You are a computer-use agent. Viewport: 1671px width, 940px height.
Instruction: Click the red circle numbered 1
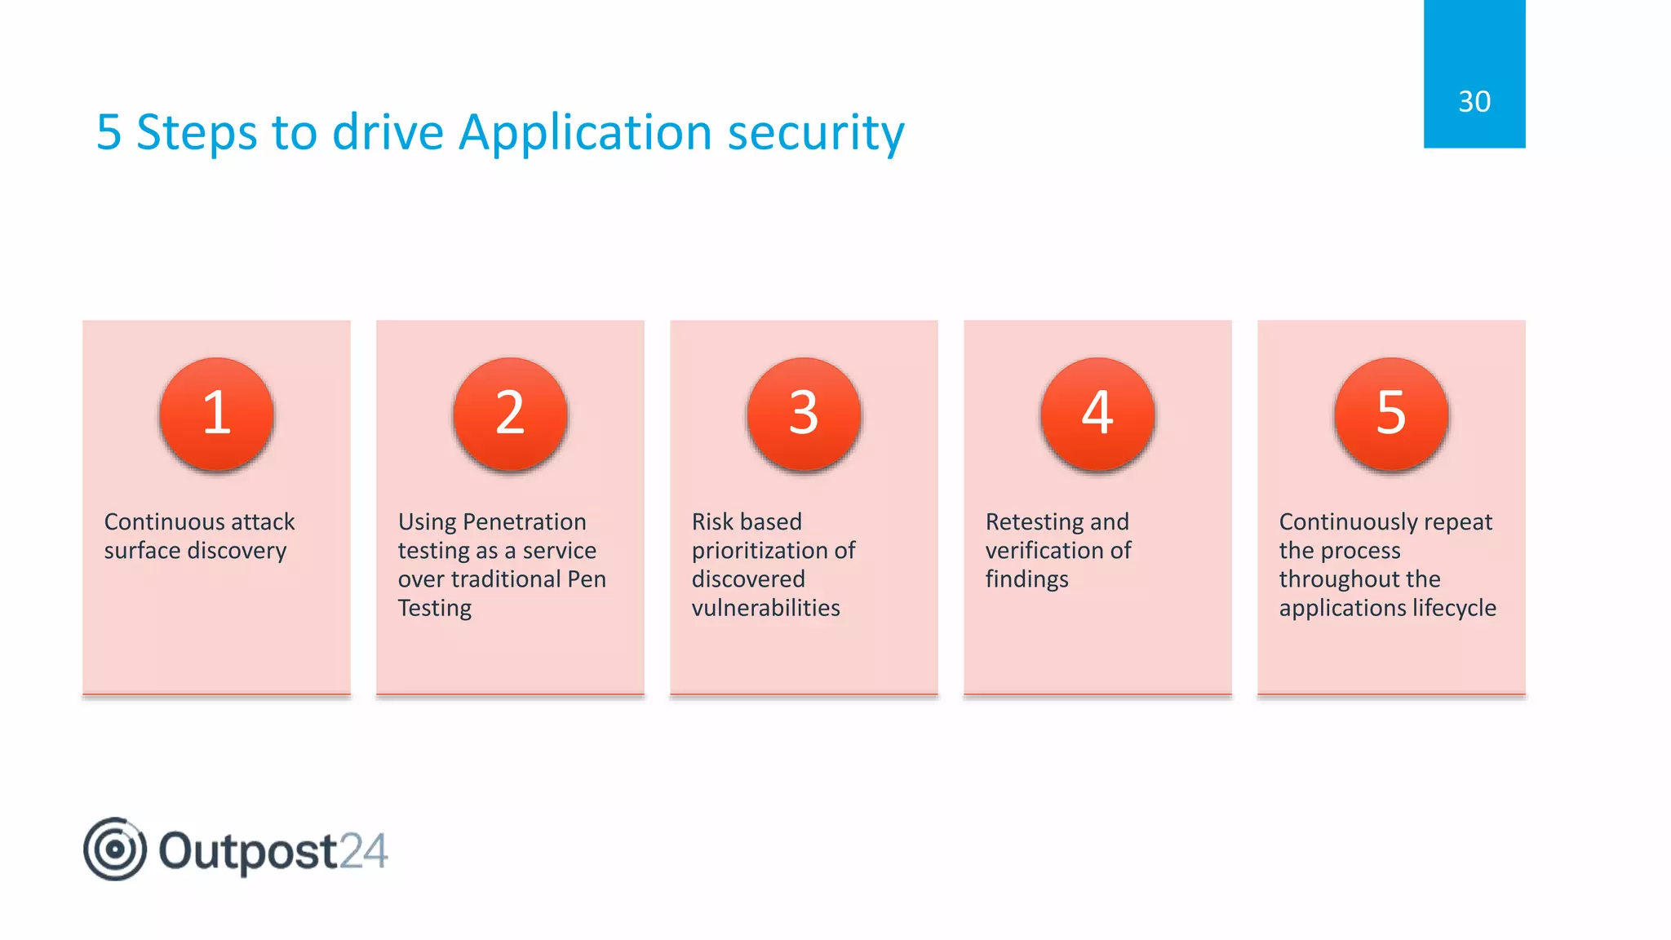click(216, 415)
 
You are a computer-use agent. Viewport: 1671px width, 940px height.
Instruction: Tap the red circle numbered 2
click(510, 415)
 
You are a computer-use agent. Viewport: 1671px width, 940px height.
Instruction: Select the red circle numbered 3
click(804, 415)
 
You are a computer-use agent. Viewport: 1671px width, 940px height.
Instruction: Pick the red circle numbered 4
click(1097, 415)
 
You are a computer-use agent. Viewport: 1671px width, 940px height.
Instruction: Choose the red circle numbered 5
click(1391, 415)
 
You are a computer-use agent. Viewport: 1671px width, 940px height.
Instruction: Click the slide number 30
click(1474, 102)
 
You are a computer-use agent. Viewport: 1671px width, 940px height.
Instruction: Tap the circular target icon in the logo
click(115, 849)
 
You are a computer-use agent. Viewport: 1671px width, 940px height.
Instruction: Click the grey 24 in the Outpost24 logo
click(363, 851)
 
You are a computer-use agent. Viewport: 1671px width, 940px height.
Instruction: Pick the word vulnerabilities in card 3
click(765, 608)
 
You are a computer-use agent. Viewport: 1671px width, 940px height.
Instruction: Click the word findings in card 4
click(1026, 579)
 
